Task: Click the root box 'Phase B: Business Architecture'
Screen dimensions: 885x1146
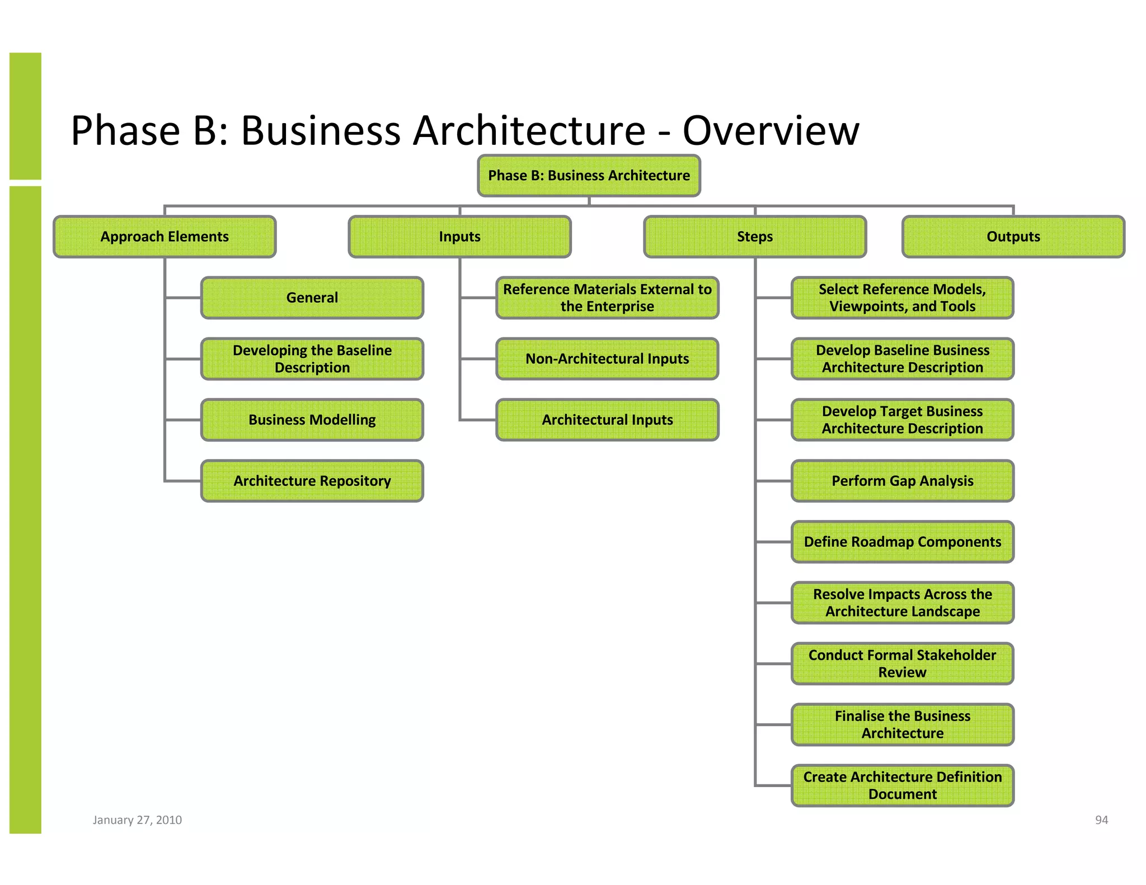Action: coord(589,176)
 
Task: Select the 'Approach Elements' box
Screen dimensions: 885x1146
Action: coord(165,237)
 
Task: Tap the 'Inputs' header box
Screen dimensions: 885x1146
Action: coord(459,237)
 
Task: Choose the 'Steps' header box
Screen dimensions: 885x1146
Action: coord(755,237)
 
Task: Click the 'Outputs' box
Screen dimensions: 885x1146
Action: coord(1013,237)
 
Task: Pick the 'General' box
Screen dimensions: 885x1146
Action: coord(312,298)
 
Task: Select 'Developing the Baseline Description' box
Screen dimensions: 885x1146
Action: coord(312,359)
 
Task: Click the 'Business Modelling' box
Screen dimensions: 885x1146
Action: coord(312,420)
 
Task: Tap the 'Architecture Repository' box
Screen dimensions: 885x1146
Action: coord(312,481)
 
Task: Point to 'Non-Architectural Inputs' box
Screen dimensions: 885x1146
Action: coord(607,359)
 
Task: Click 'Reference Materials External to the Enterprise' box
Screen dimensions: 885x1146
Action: coord(607,298)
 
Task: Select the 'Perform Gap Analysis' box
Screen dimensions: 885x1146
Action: coord(902,481)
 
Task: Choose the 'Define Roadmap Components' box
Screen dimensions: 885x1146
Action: coord(902,542)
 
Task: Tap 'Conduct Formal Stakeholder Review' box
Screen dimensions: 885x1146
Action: coord(902,663)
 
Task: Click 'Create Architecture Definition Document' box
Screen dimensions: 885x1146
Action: coord(902,785)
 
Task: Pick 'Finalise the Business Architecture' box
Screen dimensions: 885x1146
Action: coord(902,724)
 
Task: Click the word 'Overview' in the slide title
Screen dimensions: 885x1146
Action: coord(771,131)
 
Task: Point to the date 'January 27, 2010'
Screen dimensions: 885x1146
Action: coord(137,820)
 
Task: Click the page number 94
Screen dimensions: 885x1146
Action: coord(1101,820)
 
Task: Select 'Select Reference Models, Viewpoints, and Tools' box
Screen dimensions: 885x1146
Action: coord(902,298)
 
